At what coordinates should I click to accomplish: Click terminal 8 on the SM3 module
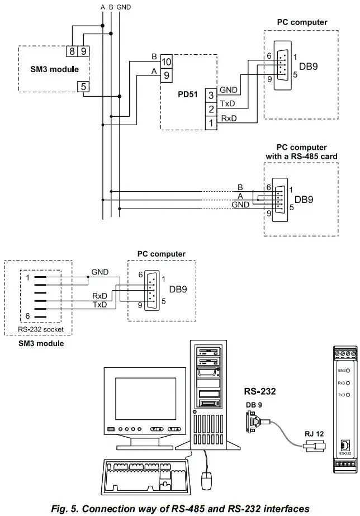[73, 51]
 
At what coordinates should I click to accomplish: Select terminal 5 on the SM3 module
[83, 87]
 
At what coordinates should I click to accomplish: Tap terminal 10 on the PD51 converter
[166, 61]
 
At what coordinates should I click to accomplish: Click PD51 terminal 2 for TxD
[211, 108]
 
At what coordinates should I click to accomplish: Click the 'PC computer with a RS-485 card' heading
[302, 152]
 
